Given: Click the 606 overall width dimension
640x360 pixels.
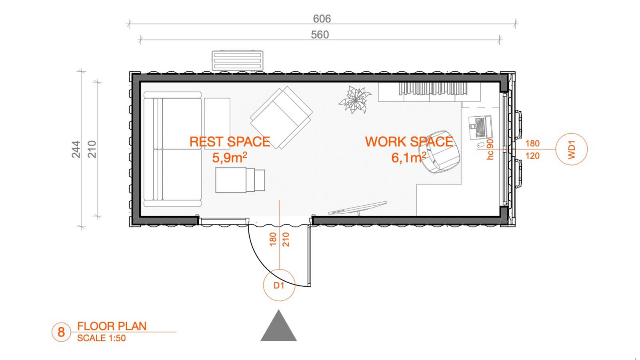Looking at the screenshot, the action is (x=322, y=19).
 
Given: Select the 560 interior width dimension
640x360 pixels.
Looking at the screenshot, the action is (x=320, y=35).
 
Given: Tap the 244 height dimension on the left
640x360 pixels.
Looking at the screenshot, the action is (x=76, y=149).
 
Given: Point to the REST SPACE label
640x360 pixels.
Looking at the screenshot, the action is (x=230, y=142).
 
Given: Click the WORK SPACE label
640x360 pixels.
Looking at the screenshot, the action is (x=409, y=142).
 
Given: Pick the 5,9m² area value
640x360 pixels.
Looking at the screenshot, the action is (x=230, y=157).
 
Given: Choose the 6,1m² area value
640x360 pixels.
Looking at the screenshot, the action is (x=408, y=158).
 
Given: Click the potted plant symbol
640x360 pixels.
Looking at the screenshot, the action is (x=355, y=100).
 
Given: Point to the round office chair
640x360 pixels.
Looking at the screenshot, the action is (x=440, y=152).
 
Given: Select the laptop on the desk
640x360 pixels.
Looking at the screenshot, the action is (x=480, y=128).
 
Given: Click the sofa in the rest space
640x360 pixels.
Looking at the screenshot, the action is (x=172, y=149).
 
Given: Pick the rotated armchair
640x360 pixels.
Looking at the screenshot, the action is (x=282, y=118).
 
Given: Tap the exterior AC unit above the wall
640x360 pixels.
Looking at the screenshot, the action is (x=238, y=60).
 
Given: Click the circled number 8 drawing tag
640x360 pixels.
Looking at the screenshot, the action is (x=61, y=332).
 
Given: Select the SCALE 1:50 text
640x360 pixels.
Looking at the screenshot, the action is (x=102, y=338).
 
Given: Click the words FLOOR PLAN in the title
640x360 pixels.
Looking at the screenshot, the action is (x=112, y=326).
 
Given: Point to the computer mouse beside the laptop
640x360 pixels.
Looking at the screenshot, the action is (x=480, y=145).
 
